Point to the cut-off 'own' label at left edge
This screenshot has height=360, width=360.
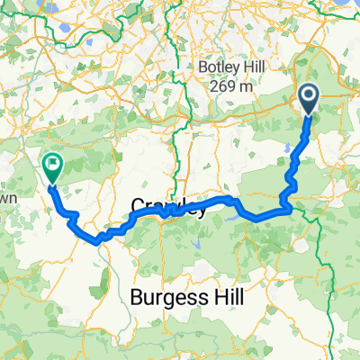tap(8, 196)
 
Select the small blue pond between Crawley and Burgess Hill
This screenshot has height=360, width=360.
tap(196, 243)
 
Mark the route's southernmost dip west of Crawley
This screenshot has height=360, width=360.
tap(97, 239)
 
